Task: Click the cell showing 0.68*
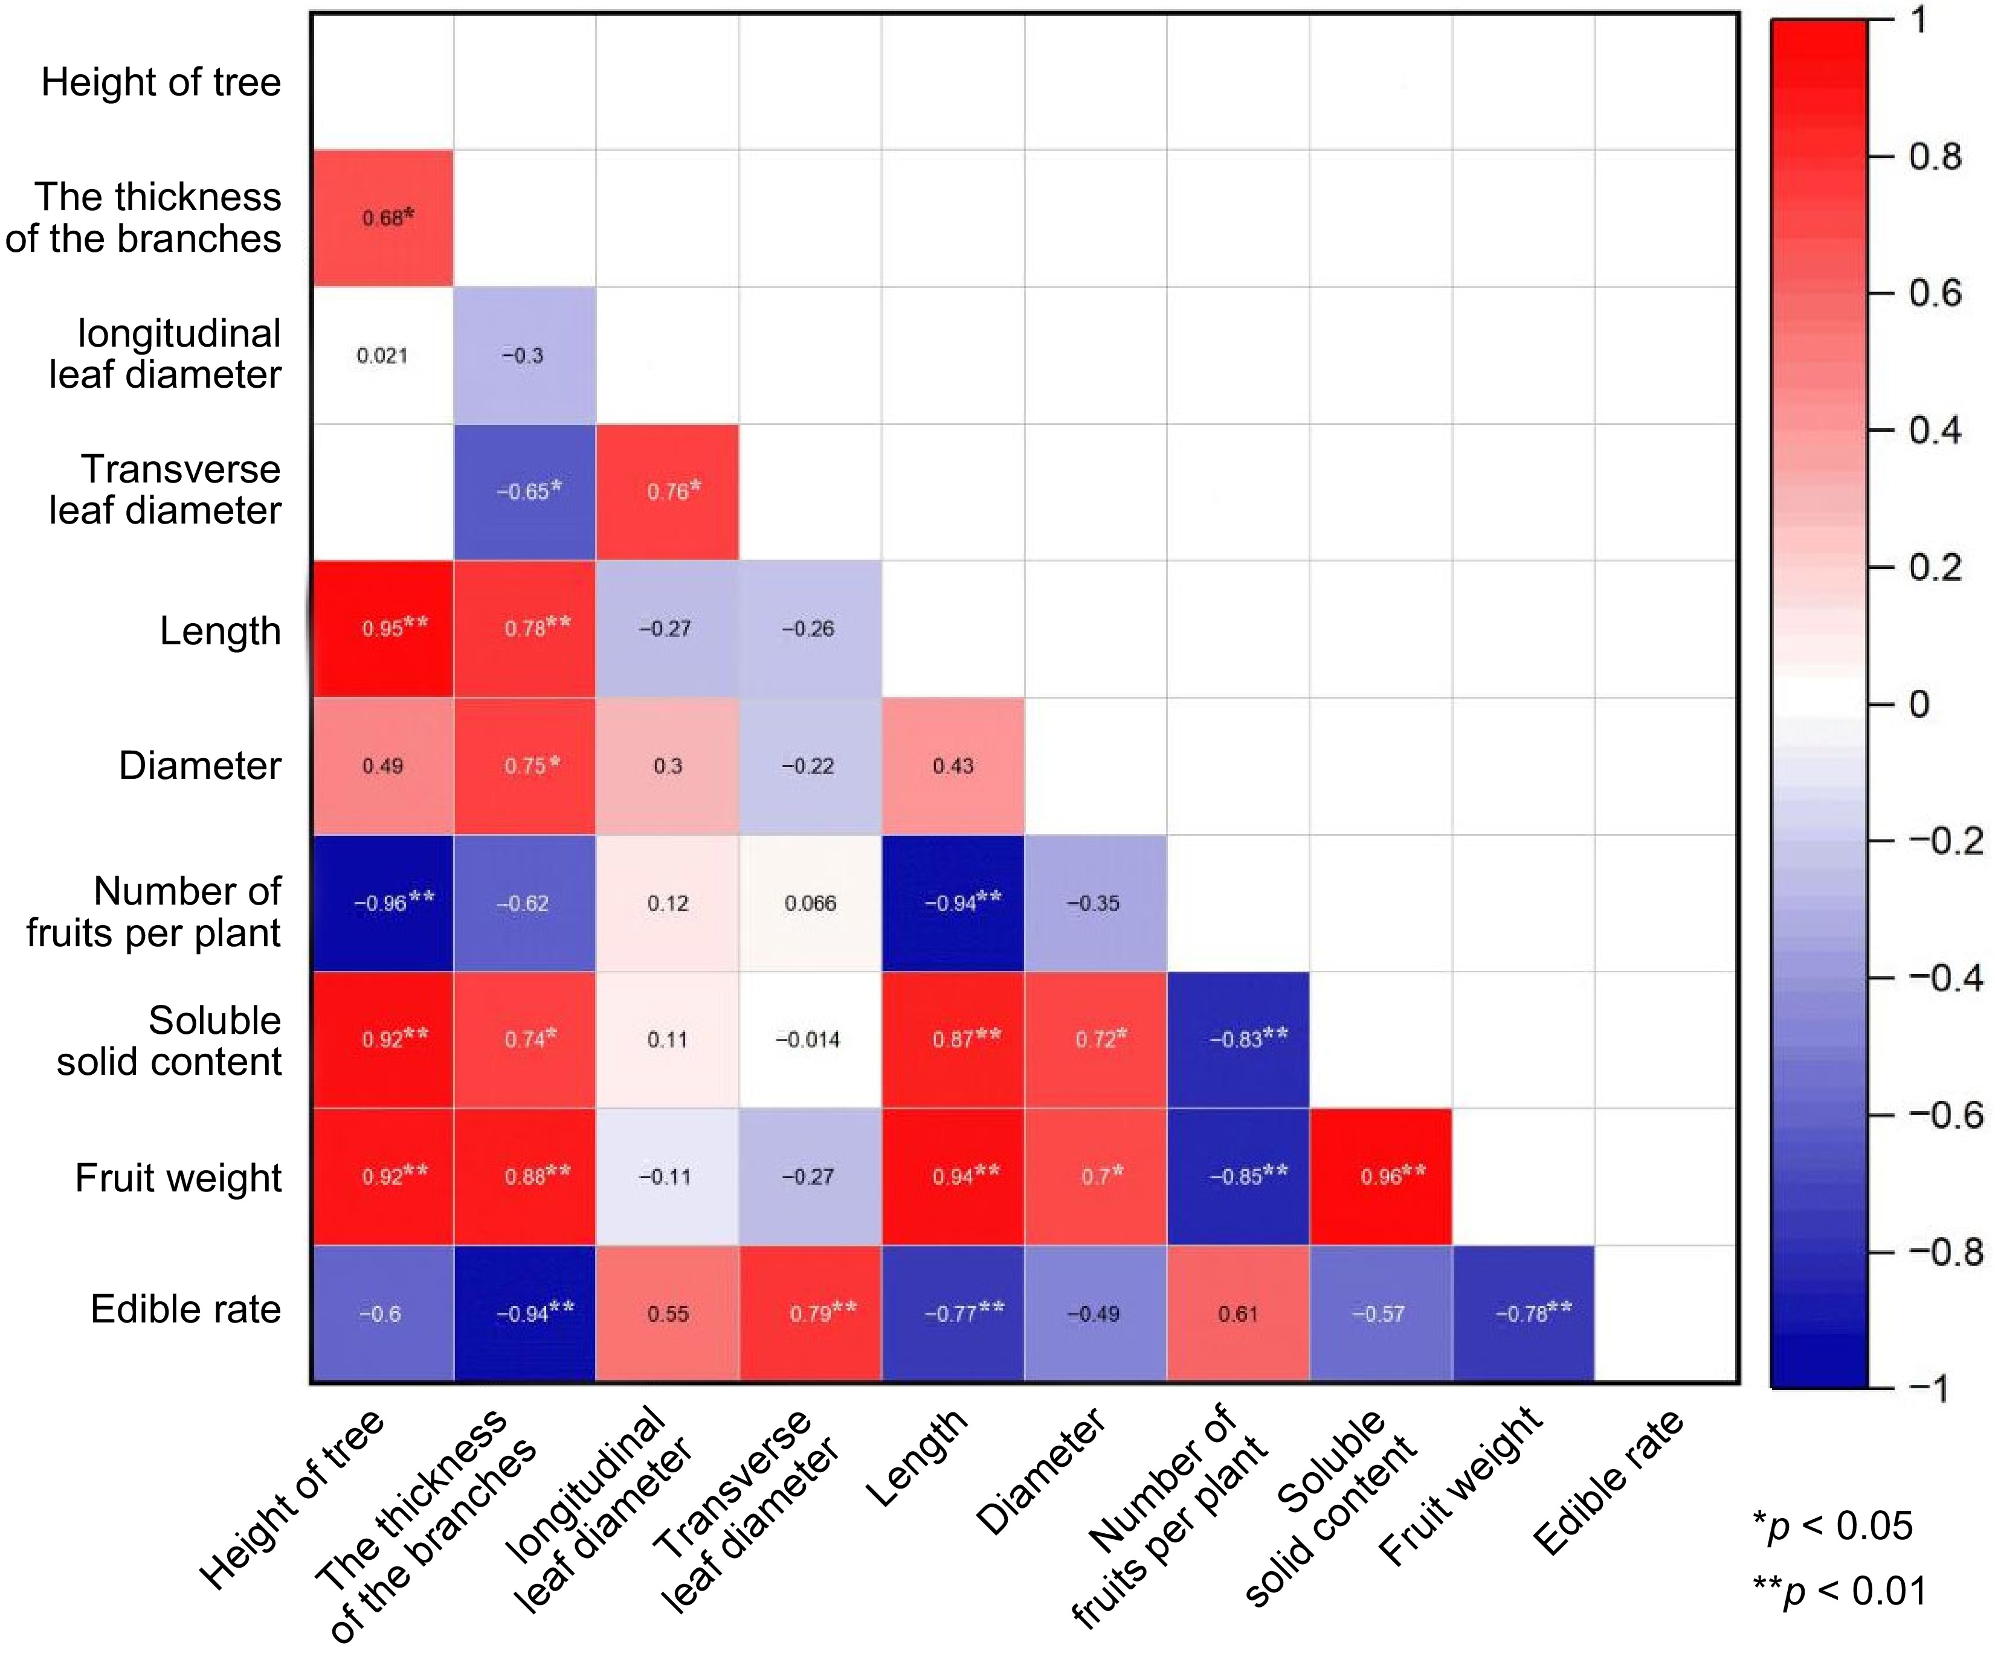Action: [x=382, y=218]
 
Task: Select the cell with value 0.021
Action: [x=382, y=356]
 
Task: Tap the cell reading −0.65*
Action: [x=525, y=492]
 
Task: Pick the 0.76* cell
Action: [x=668, y=492]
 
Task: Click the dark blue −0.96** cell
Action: [x=382, y=903]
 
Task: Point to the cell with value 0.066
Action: [x=811, y=903]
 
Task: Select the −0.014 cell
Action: [x=811, y=1040]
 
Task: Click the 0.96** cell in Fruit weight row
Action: [x=1382, y=1177]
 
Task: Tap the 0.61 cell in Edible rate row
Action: [x=1239, y=1313]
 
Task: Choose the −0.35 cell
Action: [x=1096, y=903]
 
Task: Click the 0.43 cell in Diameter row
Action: [x=953, y=766]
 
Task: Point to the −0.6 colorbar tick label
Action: [x=1944, y=1114]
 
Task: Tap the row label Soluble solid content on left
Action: [x=169, y=1040]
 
